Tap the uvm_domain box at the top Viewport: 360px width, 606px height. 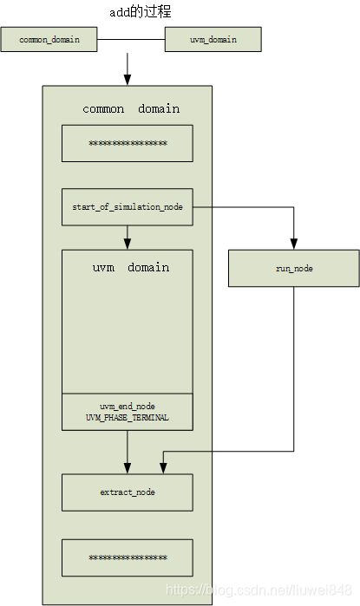(x=212, y=39)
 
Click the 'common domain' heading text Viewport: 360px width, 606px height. (x=131, y=109)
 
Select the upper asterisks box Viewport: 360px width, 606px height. (x=128, y=143)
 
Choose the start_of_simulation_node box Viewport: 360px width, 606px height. (x=128, y=207)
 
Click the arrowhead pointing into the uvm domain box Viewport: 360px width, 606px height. (x=128, y=244)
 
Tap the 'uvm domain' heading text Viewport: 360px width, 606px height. (x=131, y=268)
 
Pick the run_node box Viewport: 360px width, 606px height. (x=293, y=269)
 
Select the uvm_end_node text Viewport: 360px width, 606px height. (x=128, y=406)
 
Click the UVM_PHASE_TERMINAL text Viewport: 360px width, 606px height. (x=128, y=418)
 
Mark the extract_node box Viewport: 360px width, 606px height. (x=128, y=492)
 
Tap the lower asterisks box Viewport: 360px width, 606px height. (x=128, y=557)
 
